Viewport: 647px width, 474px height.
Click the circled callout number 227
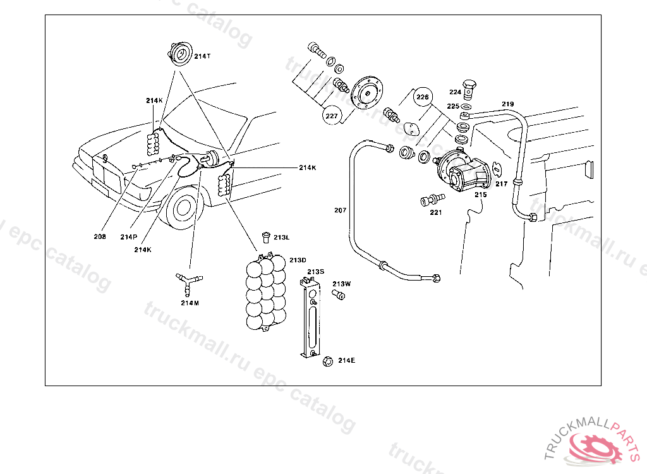(331, 116)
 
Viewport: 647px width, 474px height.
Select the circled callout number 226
(423, 97)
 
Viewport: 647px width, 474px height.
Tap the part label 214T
(202, 56)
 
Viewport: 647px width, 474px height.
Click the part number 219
(508, 104)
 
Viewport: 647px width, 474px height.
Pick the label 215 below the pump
(481, 195)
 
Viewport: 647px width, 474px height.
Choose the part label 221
(435, 212)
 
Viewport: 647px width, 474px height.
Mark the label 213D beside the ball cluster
(298, 260)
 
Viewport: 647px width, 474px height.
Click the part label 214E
(346, 360)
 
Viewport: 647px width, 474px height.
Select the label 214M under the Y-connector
(190, 303)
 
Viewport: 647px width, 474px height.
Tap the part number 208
(100, 237)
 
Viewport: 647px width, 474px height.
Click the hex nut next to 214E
(327, 361)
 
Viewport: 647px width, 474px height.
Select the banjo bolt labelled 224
(469, 88)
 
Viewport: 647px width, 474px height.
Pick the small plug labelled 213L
(266, 237)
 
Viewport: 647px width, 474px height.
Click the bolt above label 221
(430, 200)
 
